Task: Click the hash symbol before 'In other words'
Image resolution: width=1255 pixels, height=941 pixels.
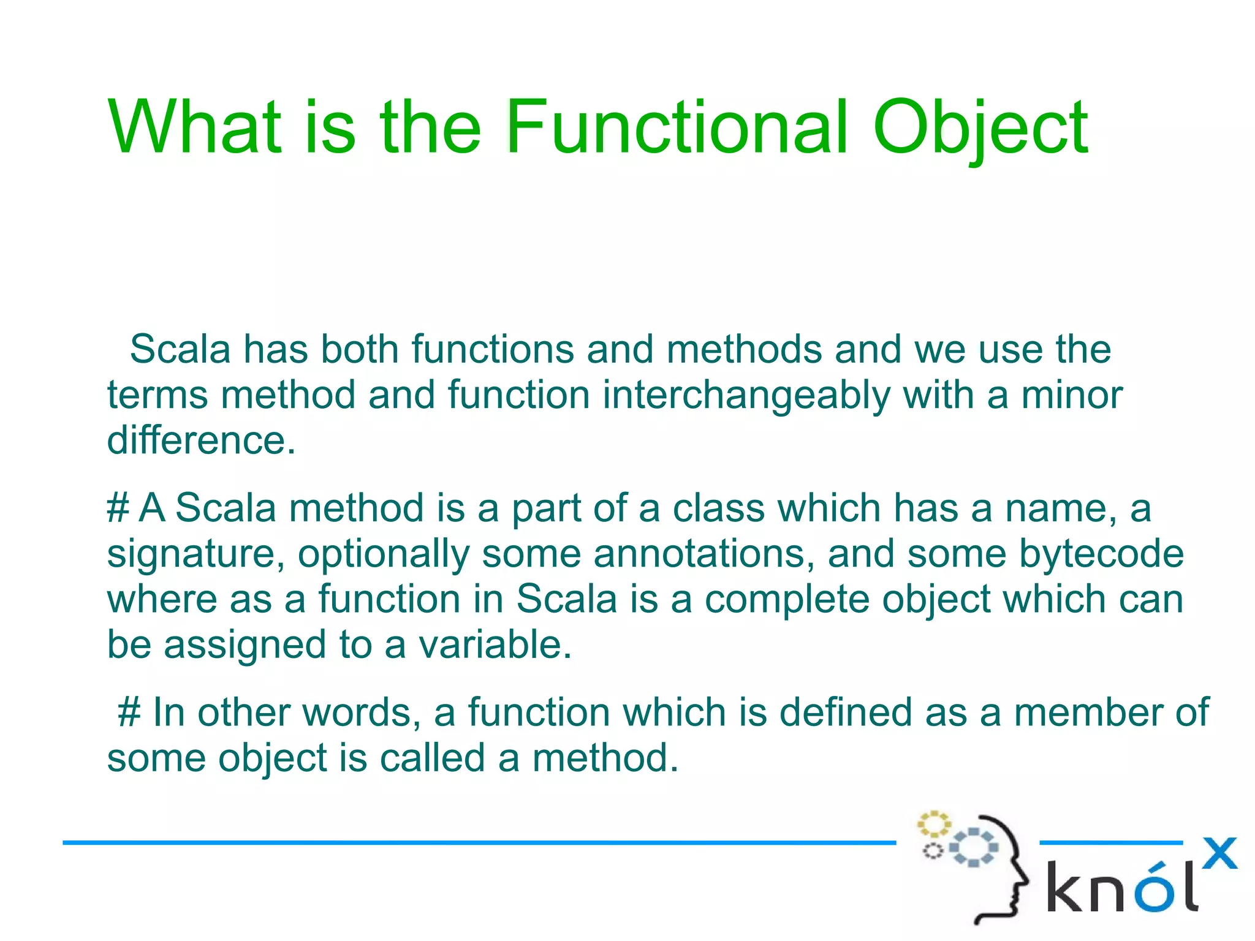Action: pyautogui.click(x=129, y=713)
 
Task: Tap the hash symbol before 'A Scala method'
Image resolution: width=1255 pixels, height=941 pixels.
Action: pyautogui.click(x=118, y=508)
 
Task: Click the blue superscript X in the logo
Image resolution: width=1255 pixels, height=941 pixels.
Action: pyautogui.click(x=1219, y=853)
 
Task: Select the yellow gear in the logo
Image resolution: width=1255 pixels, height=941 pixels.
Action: pyautogui.click(x=933, y=825)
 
